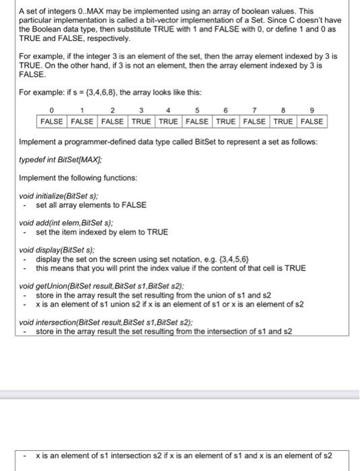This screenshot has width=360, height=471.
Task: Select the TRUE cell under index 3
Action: click(141, 122)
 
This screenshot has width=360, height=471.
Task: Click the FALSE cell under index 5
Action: click(197, 122)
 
